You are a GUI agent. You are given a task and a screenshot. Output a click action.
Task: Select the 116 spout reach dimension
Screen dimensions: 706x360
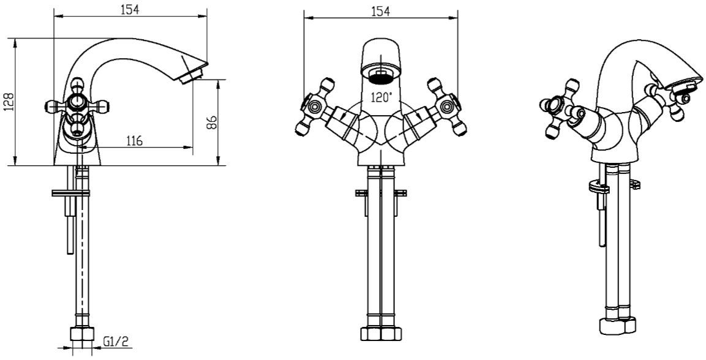[133, 141]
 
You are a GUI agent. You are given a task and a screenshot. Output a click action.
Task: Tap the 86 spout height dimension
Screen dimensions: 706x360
[212, 122]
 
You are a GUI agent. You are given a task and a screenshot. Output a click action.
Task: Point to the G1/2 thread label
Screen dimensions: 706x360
[116, 342]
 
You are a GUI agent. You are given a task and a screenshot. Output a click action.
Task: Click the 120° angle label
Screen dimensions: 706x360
[381, 97]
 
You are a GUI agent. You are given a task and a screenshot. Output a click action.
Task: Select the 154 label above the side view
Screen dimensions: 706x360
[130, 9]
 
